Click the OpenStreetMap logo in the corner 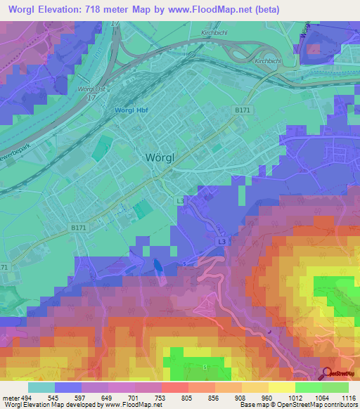341,374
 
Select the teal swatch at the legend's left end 41,387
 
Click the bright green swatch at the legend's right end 335,387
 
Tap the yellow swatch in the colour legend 282,387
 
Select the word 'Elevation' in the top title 65,9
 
